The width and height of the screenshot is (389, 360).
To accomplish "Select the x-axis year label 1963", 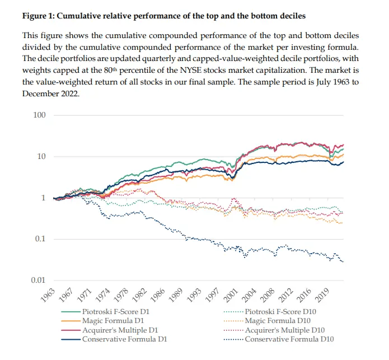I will click(x=47, y=296).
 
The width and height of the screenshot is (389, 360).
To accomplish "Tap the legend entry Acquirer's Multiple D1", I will click(x=119, y=330).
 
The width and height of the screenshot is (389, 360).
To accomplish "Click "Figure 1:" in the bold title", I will click(x=39, y=16).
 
